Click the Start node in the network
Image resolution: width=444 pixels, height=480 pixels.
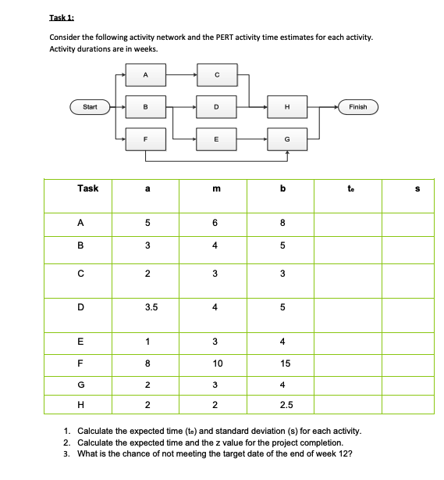click(90, 106)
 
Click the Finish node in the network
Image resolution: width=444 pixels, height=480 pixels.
click(357, 106)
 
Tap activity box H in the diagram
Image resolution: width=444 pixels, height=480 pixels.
click(288, 106)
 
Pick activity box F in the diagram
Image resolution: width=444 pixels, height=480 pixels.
click(146, 138)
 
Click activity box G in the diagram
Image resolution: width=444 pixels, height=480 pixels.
click(288, 138)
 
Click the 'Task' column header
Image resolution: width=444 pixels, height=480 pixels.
click(88, 188)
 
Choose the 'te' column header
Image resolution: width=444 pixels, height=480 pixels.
click(349, 188)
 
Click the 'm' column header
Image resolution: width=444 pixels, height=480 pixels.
click(216, 188)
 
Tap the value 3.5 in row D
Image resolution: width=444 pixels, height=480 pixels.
click(146, 307)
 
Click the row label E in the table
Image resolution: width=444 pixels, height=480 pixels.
click(80, 341)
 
